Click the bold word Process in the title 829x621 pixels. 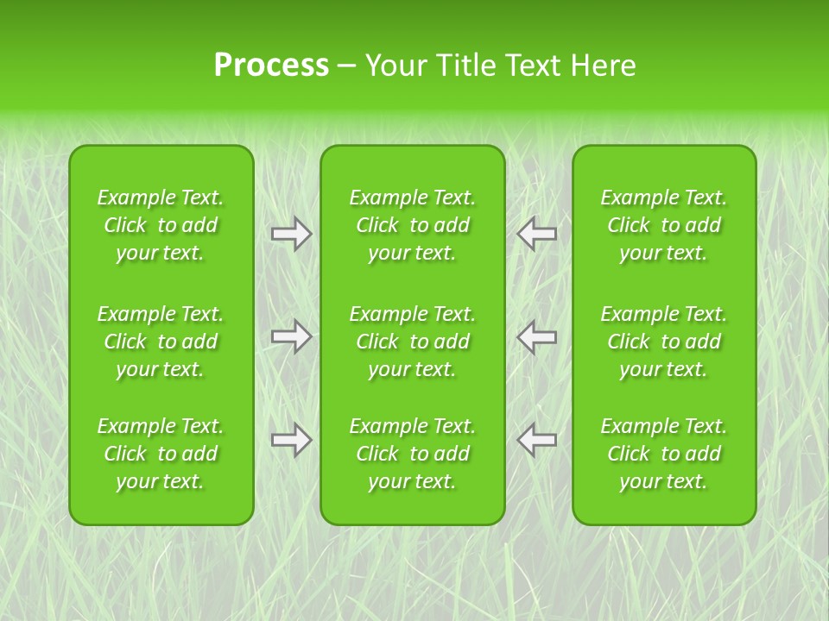click(271, 66)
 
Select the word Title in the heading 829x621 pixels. click(463, 66)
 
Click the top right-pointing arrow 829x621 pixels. click(291, 234)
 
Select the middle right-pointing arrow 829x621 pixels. click(291, 336)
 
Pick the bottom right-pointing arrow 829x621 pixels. click(291, 440)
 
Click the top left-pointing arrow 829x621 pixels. click(537, 234)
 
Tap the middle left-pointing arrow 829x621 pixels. click(537, 336)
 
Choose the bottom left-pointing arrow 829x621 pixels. click(537, 440)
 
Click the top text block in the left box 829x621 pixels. click(161, 225)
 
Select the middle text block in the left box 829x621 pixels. click(161, 342)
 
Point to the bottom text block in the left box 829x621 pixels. click(161, 454)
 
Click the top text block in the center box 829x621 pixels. click(412, 225)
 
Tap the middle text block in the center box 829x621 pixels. click(412, 342)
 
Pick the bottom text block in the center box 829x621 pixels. click(412, 454)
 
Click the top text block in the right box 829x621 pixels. click(664, 225)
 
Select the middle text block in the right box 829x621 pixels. click(664, 342)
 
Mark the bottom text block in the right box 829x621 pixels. click(664, 454)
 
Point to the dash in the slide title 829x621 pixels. click(346, 66)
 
